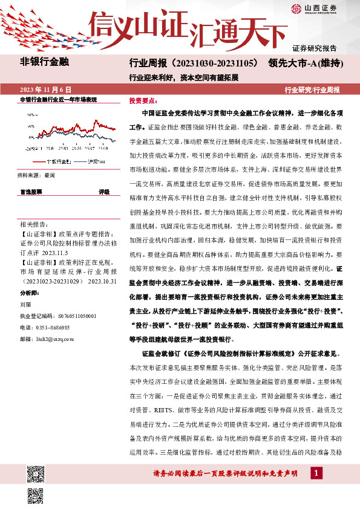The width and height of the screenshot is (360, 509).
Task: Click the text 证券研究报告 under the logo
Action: (x=314, y=48)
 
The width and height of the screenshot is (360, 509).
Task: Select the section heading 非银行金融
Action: (x=45, y=62)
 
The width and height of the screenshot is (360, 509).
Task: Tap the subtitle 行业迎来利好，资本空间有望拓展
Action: (x=184, y=77)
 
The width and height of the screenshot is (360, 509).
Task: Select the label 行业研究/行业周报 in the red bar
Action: (x=312, y=89)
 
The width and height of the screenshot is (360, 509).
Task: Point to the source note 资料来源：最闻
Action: (x=36, y=175)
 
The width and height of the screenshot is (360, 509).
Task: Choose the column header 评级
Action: (x=103, y=192)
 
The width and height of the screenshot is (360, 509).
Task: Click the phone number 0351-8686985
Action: (x=53, y=327)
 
